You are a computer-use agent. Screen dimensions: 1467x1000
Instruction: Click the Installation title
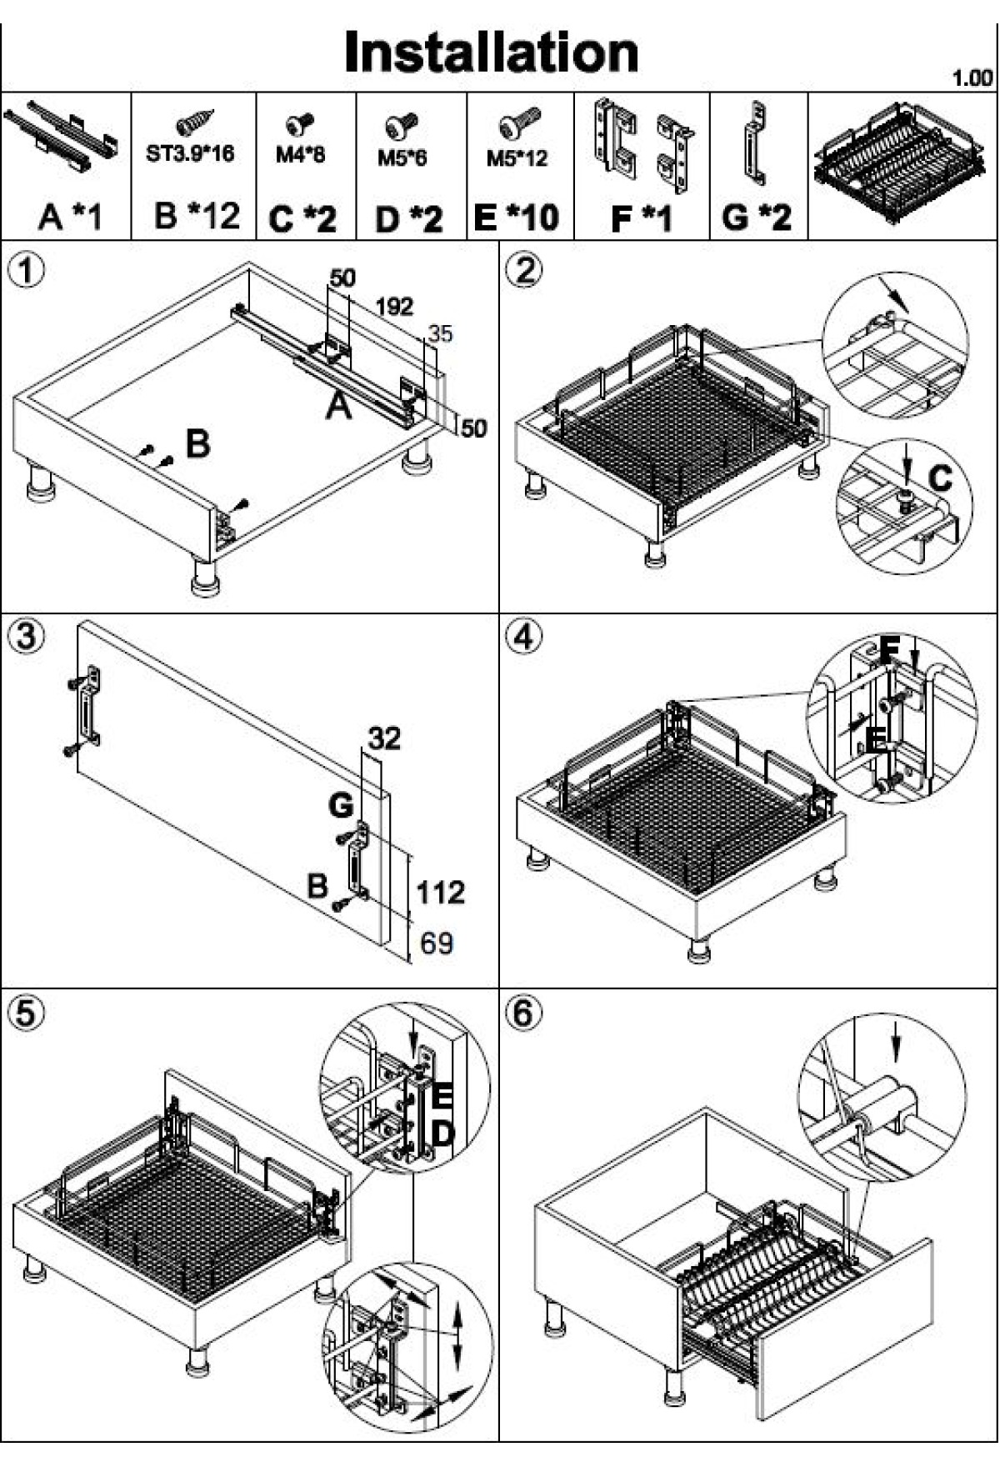tap(492, 52)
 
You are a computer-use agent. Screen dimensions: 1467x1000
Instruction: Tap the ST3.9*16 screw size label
tap(190, 153)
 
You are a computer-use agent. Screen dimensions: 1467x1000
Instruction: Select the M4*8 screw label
tap(300, 154)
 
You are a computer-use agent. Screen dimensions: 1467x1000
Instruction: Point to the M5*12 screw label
tap(517, 158)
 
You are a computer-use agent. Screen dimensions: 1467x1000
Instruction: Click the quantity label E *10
tap(516, 218)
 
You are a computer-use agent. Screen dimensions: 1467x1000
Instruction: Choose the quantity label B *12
tap(197, 216)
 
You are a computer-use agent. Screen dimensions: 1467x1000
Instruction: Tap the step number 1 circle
tap(25, 271)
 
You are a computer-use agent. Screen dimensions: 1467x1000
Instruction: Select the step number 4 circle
tap(523, 638)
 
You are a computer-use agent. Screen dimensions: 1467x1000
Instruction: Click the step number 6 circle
tap(523, 1014)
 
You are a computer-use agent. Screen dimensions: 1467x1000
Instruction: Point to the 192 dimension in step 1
tap(394, 306)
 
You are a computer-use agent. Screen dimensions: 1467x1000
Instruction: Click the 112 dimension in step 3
tap(441, 893)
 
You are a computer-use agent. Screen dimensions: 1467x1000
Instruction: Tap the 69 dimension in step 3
tap(437, 944)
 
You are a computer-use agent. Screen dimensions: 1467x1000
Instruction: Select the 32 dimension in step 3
tap(384, 738)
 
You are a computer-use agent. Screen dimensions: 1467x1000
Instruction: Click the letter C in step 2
tap(940, 478)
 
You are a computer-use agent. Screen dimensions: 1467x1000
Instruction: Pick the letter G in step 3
tap(341, 806)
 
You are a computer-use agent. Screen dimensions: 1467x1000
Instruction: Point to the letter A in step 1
tap(337, 407)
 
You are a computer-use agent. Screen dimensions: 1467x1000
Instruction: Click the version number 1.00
tap(972, 78)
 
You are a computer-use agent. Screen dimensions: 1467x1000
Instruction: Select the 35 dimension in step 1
tap(440, 333)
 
